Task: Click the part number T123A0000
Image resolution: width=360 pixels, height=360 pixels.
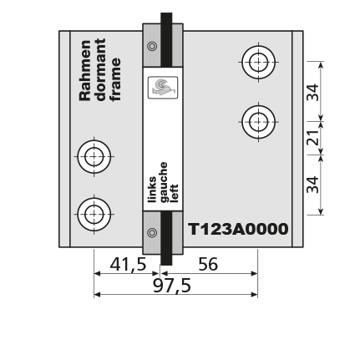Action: [x=238, y=229]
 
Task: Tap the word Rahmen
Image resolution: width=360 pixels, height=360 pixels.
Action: [x=85, y=70]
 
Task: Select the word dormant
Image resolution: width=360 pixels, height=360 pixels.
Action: [x=100, y=69]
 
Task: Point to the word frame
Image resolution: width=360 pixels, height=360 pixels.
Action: [x=115, y=79]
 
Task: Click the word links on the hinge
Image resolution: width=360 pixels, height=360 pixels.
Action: [x=152, y=190]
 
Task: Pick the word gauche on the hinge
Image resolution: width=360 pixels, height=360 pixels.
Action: [x=164, y=182]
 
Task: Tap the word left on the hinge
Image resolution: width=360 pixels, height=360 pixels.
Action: [x=174, y=193]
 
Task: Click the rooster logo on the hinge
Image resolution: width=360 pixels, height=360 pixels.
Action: [x=163, y=88]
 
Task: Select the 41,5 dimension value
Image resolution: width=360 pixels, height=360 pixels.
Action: [x=128, y=264]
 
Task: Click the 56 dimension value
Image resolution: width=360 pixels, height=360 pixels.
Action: [x=208, y=264]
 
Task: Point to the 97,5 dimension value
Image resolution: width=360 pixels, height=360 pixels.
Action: [x=172, y=286]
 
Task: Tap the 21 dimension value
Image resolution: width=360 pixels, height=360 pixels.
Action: [x=312, y=138]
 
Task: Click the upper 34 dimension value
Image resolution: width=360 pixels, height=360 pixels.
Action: [x=312, y=92]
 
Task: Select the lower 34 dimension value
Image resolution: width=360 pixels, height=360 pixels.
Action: [x=312, y=185]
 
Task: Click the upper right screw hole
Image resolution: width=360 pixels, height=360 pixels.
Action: [x=259, y=62]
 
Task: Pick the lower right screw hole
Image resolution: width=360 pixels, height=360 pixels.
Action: [x=259, y=122]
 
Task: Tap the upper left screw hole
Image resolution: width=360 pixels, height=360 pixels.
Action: [x=94, y=157]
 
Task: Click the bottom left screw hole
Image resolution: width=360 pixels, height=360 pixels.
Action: [x=94, y=215]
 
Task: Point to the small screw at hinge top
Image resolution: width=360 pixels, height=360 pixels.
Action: [x=152, y=46]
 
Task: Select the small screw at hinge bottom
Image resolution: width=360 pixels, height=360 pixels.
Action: [x=152, y=232]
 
